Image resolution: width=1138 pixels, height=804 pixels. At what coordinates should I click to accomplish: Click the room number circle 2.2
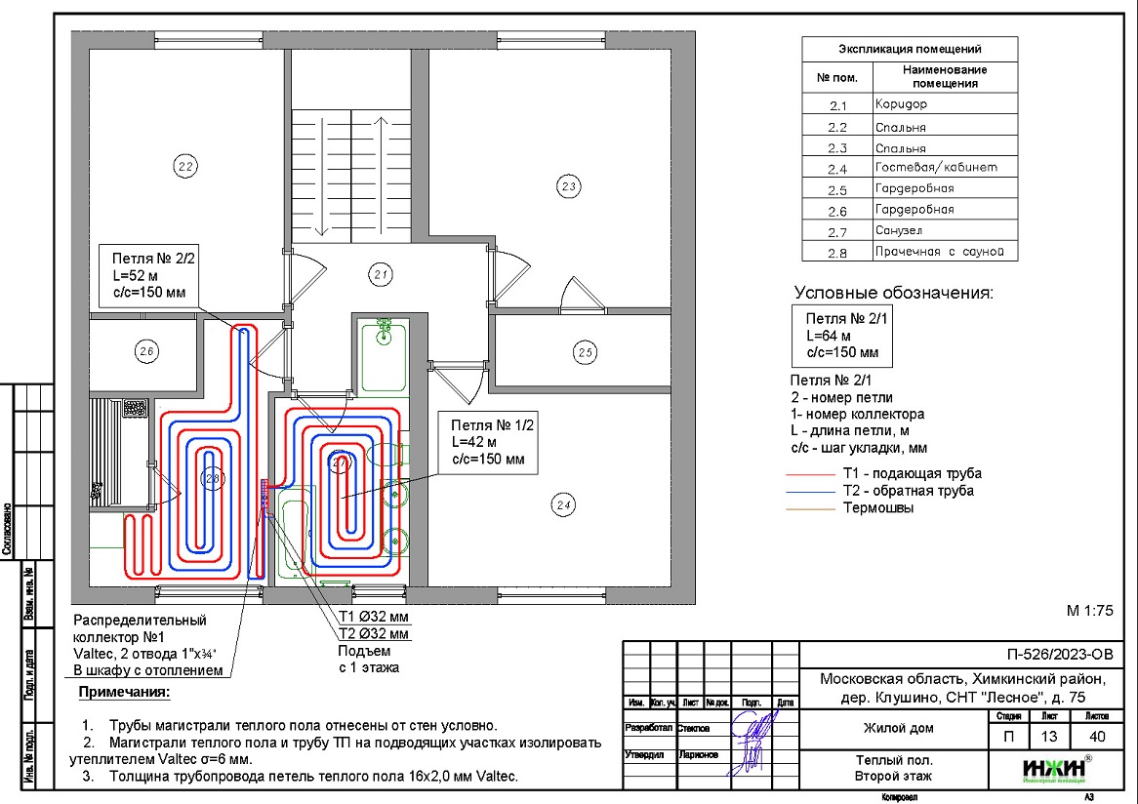185,166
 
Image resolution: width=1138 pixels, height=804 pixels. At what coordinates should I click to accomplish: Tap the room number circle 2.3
568,185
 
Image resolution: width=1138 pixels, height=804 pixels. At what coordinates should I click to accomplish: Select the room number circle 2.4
562,504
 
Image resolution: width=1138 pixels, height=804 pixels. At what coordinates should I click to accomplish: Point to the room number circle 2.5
584,352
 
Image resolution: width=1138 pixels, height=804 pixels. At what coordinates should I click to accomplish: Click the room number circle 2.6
146,352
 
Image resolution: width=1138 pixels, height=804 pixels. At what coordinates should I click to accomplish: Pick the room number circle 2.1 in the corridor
382,275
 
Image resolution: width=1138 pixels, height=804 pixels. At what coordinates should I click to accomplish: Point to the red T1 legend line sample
811,473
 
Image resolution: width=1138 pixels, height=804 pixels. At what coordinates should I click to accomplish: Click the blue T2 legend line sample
811,491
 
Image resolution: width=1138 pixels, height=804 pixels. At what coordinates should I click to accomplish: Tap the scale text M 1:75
1089,612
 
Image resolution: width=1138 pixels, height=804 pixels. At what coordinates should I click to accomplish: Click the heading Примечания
124,693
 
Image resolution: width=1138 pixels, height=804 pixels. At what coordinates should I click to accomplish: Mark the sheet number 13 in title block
1049,737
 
